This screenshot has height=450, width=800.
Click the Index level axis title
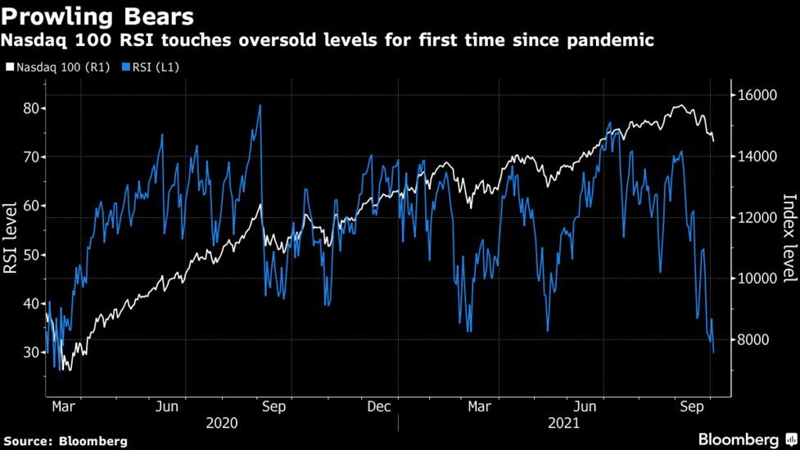point(788,238)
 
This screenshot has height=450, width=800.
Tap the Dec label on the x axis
point(378,406)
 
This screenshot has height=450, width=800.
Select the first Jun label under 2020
point(167,406)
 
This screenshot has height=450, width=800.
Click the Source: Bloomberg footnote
point(64,441)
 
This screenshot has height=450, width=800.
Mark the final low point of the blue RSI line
point(714,352)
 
